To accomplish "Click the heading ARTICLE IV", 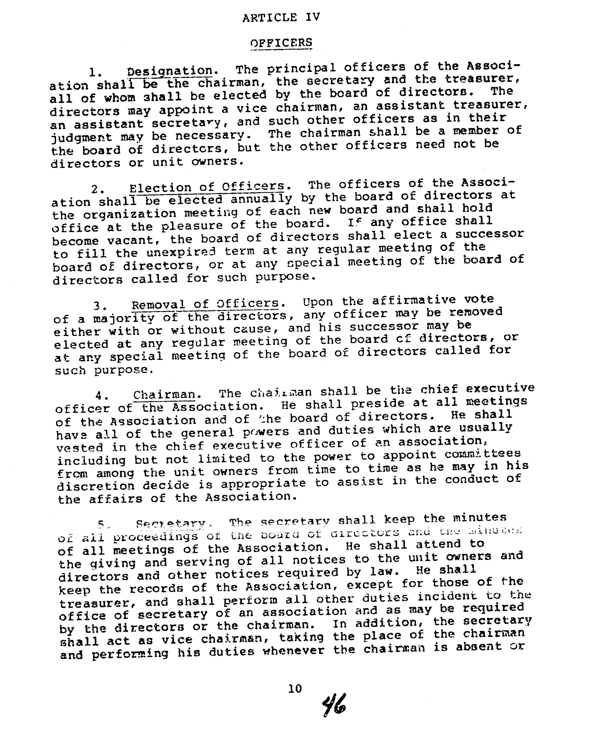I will point(281,17).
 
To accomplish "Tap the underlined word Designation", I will point(170,71).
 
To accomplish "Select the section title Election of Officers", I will point(207,187).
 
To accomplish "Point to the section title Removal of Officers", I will point(205,304).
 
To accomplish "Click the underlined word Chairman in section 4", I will point(164,395).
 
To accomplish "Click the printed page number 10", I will point(295,689).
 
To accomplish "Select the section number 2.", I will point(96,189).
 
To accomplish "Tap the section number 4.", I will point(102,396).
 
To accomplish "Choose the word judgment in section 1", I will point(81,137).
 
